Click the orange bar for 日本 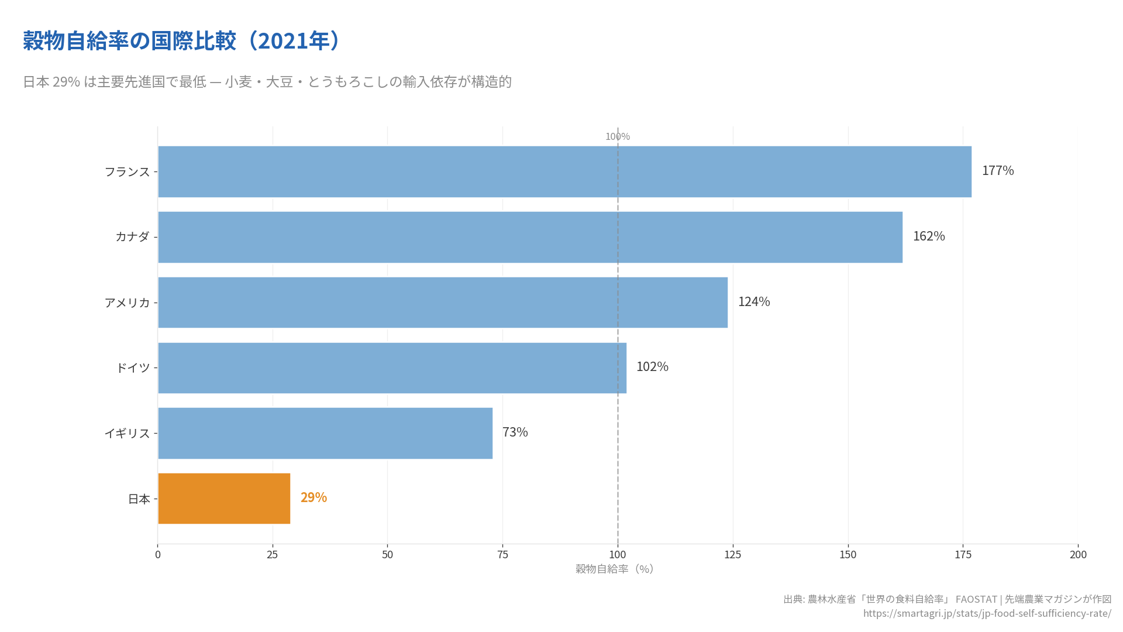pos(224,499)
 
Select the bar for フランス pos(564,171)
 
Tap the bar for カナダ pos(530,237)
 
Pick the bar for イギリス pos(325,433)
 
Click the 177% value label pos(997,171)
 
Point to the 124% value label pos(753,302)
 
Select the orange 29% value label pos(314,497)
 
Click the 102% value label pos(652,367)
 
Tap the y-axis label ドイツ pos(133,368)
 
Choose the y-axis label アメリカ pos(127,303)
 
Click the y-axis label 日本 pos(139,499)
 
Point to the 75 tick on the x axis pos(502,555)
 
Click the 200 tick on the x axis pos(1077,555)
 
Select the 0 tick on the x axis pos(158,555)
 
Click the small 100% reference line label pos(617,137)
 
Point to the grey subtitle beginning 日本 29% pos(267,82)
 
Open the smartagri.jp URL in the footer pos(987,613)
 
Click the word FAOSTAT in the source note pos(976,599)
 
